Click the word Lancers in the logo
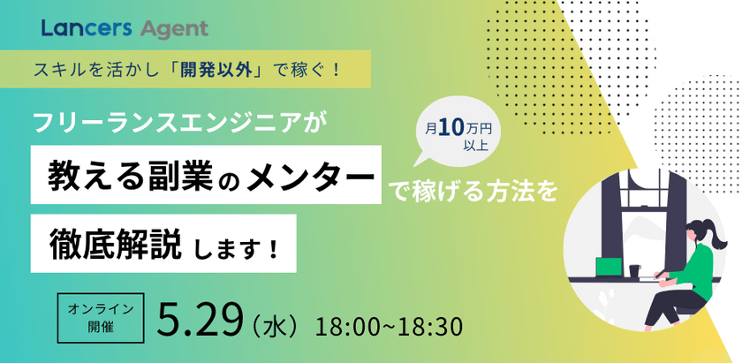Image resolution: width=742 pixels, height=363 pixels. click(85, 29)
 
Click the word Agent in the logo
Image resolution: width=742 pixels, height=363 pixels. click(173, 29)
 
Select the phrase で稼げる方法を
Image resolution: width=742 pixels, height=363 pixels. click(474, 191)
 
